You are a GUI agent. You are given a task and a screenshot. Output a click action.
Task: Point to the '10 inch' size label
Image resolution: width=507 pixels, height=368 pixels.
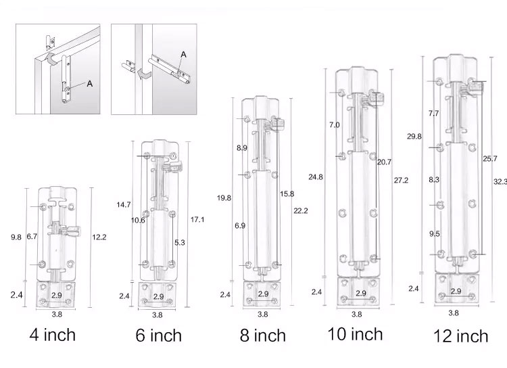355,333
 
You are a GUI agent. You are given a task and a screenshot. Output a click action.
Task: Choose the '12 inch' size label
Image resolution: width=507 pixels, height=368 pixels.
462,335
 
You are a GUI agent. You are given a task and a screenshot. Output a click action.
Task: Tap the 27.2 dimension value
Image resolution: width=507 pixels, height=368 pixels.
400,181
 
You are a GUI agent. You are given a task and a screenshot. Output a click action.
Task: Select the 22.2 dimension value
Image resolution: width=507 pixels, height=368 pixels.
301,210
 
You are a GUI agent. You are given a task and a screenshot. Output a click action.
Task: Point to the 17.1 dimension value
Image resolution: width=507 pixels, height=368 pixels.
198,220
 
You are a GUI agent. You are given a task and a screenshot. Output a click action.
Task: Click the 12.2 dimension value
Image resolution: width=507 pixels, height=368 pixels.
99,237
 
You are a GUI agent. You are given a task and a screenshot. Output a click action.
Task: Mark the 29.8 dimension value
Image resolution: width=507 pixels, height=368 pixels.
414,137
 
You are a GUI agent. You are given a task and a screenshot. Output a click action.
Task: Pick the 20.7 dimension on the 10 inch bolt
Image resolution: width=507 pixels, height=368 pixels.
383,162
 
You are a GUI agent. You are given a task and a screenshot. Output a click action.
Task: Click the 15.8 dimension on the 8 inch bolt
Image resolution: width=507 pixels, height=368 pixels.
287,193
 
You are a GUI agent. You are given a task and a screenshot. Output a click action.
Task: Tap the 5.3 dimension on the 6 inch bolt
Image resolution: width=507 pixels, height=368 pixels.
180,241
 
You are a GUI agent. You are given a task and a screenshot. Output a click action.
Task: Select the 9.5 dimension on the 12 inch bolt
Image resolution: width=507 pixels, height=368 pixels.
434,233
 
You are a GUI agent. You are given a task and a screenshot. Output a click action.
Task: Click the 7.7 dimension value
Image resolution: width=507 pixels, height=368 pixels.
433,114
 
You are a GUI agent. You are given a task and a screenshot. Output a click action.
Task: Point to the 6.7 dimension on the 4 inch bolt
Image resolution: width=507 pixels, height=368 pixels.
32,237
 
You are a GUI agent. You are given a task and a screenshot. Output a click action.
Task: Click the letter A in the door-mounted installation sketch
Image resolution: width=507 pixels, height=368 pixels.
89,84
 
